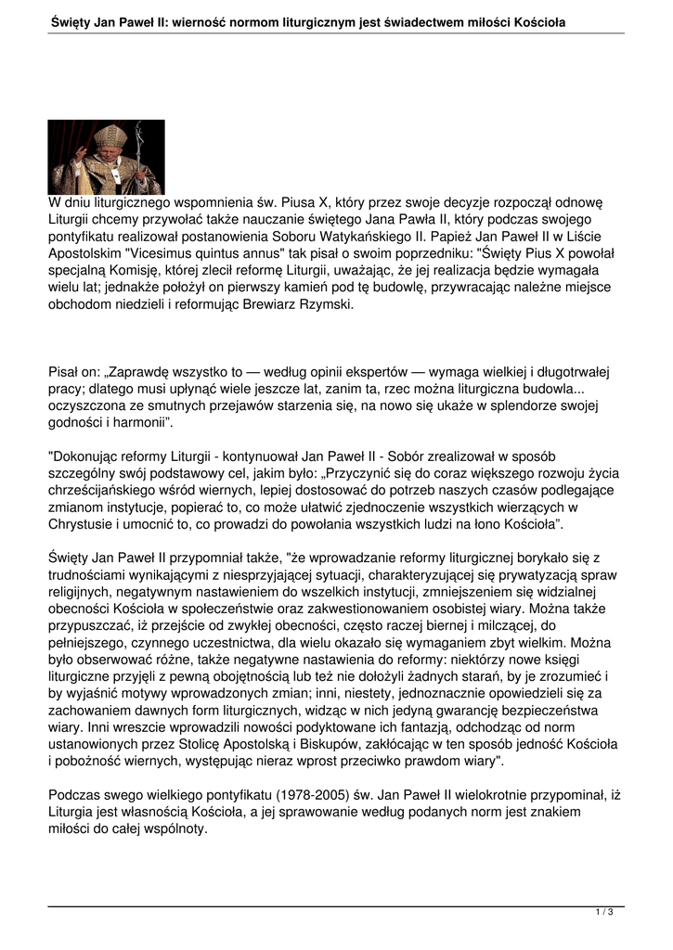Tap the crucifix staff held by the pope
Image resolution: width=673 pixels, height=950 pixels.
[140, 153]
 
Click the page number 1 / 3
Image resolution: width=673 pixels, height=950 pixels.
[604, 913]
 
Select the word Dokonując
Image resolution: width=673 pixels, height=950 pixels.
[85, 456]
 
